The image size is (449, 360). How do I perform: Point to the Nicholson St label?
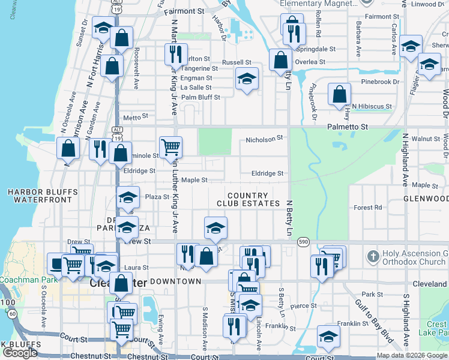coord(264,139)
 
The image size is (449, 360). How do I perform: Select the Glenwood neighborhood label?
coord(426,199)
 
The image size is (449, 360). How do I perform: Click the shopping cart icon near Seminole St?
coord(171,146)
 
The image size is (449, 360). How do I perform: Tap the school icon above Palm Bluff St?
coord(246,79)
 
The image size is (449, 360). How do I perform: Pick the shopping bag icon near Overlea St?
coord(281,59)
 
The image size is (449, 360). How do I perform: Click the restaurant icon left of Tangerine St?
coord(176,54)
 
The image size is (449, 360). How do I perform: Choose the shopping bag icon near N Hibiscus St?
coord(340,94)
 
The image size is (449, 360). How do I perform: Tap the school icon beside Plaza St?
coord(127,197)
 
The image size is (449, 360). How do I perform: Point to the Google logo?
coord(20,352)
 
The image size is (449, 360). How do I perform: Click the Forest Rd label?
coord(368,208)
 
